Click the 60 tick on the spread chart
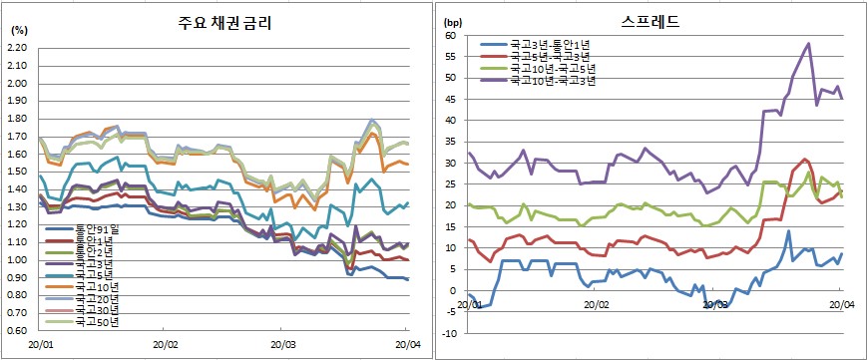(x=449, y=35)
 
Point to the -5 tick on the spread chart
(x=449, y=311)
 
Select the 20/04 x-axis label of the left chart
(x=405, y=344)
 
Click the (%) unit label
(x=19, y=30)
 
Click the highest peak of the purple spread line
(x=807, y=43)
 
